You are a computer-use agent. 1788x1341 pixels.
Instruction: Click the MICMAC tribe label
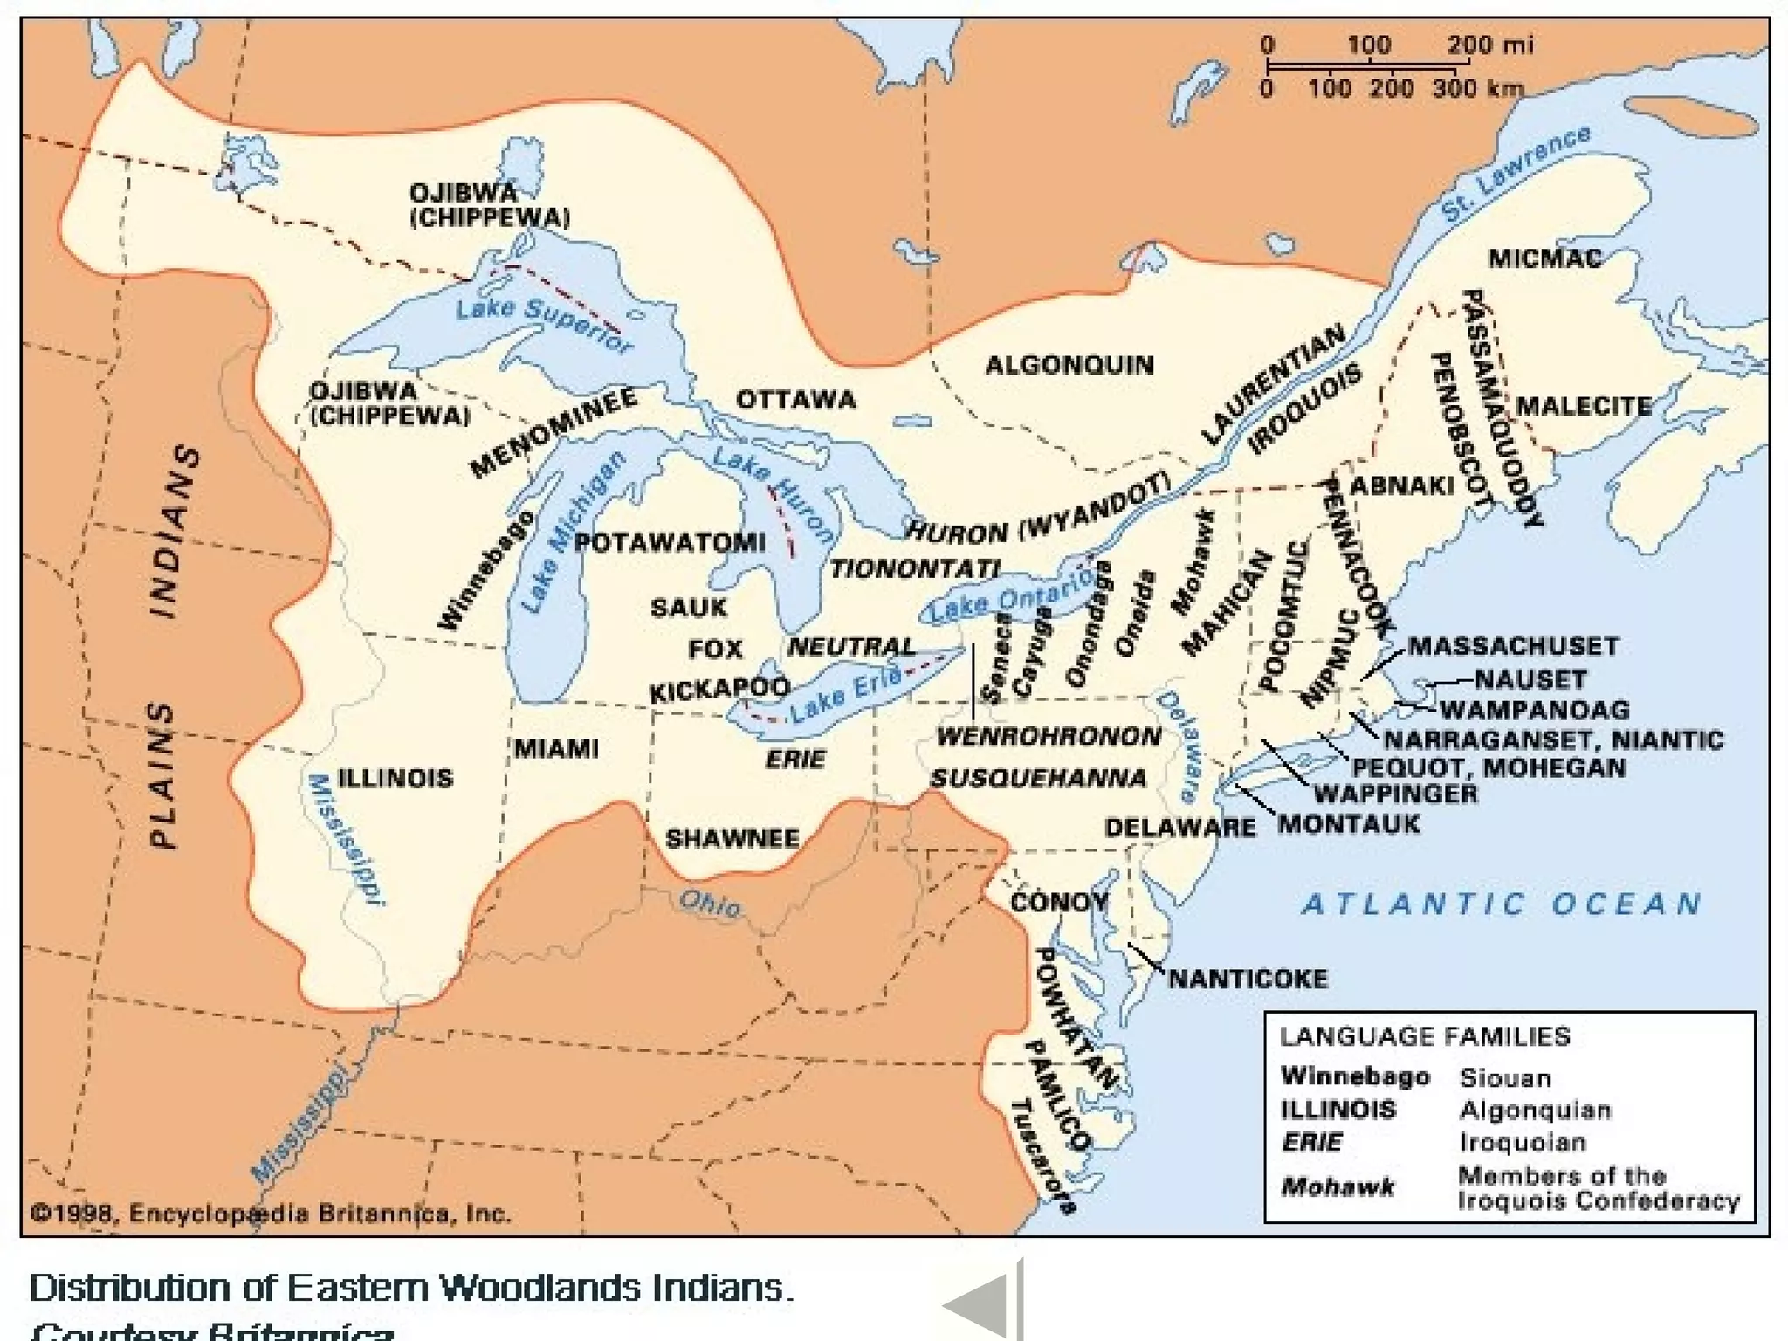pyautogui.click(x=1544, y=258)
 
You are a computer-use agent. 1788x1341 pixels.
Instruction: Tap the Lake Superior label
pyautogui.click(x=543, y=324)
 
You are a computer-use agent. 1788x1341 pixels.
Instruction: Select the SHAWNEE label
pyautogui.click(x=732, y=839)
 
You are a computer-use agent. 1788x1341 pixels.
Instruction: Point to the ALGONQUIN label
pyautogui.click(x=1069, y=365)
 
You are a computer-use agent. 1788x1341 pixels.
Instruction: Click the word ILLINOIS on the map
pyautogui.click(x=395, y=778)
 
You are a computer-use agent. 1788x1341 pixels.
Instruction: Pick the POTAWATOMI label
pyautogui.click(x=670, y=542)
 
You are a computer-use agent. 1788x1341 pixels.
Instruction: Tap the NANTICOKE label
pyautogui.click(x=1248, y=979)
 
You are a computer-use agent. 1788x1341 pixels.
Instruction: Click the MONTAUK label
pyautogui.click(x=1349, y=824)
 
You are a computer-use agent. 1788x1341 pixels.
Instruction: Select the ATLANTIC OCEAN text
pyautogui.click(x=1502, y=904)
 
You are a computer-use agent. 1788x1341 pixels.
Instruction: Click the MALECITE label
pyautogui.click(x=1584, y=406)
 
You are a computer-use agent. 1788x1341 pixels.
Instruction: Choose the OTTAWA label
pyautogui.click(x=796, y=400)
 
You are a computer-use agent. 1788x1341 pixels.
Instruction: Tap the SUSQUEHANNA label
pyautogui.click(x=1038, y=777)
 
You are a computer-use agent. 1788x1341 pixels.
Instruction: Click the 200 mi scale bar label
pyautogui.click(x=1489, y=45)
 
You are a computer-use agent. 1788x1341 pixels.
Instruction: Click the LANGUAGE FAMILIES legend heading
pyautogui.click(x=1425, y=1036)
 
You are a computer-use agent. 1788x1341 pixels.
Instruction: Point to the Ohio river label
pyautogui.click(x=710, y=904)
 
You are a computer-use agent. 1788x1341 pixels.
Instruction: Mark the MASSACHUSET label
pyautogui.click(x=1513, y=646)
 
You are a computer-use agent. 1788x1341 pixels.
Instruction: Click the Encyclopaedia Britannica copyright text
pyautogui.click(x=271, y=1214)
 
